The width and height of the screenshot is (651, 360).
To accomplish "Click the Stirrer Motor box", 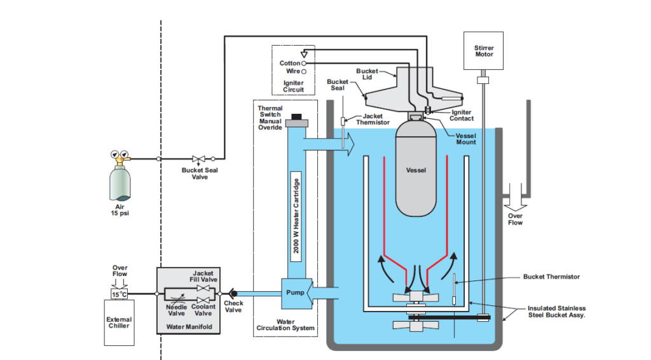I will (484, 51).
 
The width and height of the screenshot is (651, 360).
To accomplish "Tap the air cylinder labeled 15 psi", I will (119, 182).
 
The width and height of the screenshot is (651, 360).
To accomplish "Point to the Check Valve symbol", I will (233, 293).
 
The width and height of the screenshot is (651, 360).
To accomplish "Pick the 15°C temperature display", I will (120, 294).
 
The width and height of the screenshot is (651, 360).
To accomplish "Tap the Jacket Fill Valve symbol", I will (203, 288).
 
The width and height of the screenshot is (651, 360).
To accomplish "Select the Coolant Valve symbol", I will (203, 298).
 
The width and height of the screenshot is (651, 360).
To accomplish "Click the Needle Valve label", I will (176, 310).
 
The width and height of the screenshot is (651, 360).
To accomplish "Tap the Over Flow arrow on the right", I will (516, 202).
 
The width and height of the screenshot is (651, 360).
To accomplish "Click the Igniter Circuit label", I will (293, 86).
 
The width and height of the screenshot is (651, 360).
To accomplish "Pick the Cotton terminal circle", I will (304, 64).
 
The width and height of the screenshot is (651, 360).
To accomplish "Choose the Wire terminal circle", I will (304, 71).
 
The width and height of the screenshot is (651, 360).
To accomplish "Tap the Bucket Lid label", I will (367, 74).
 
